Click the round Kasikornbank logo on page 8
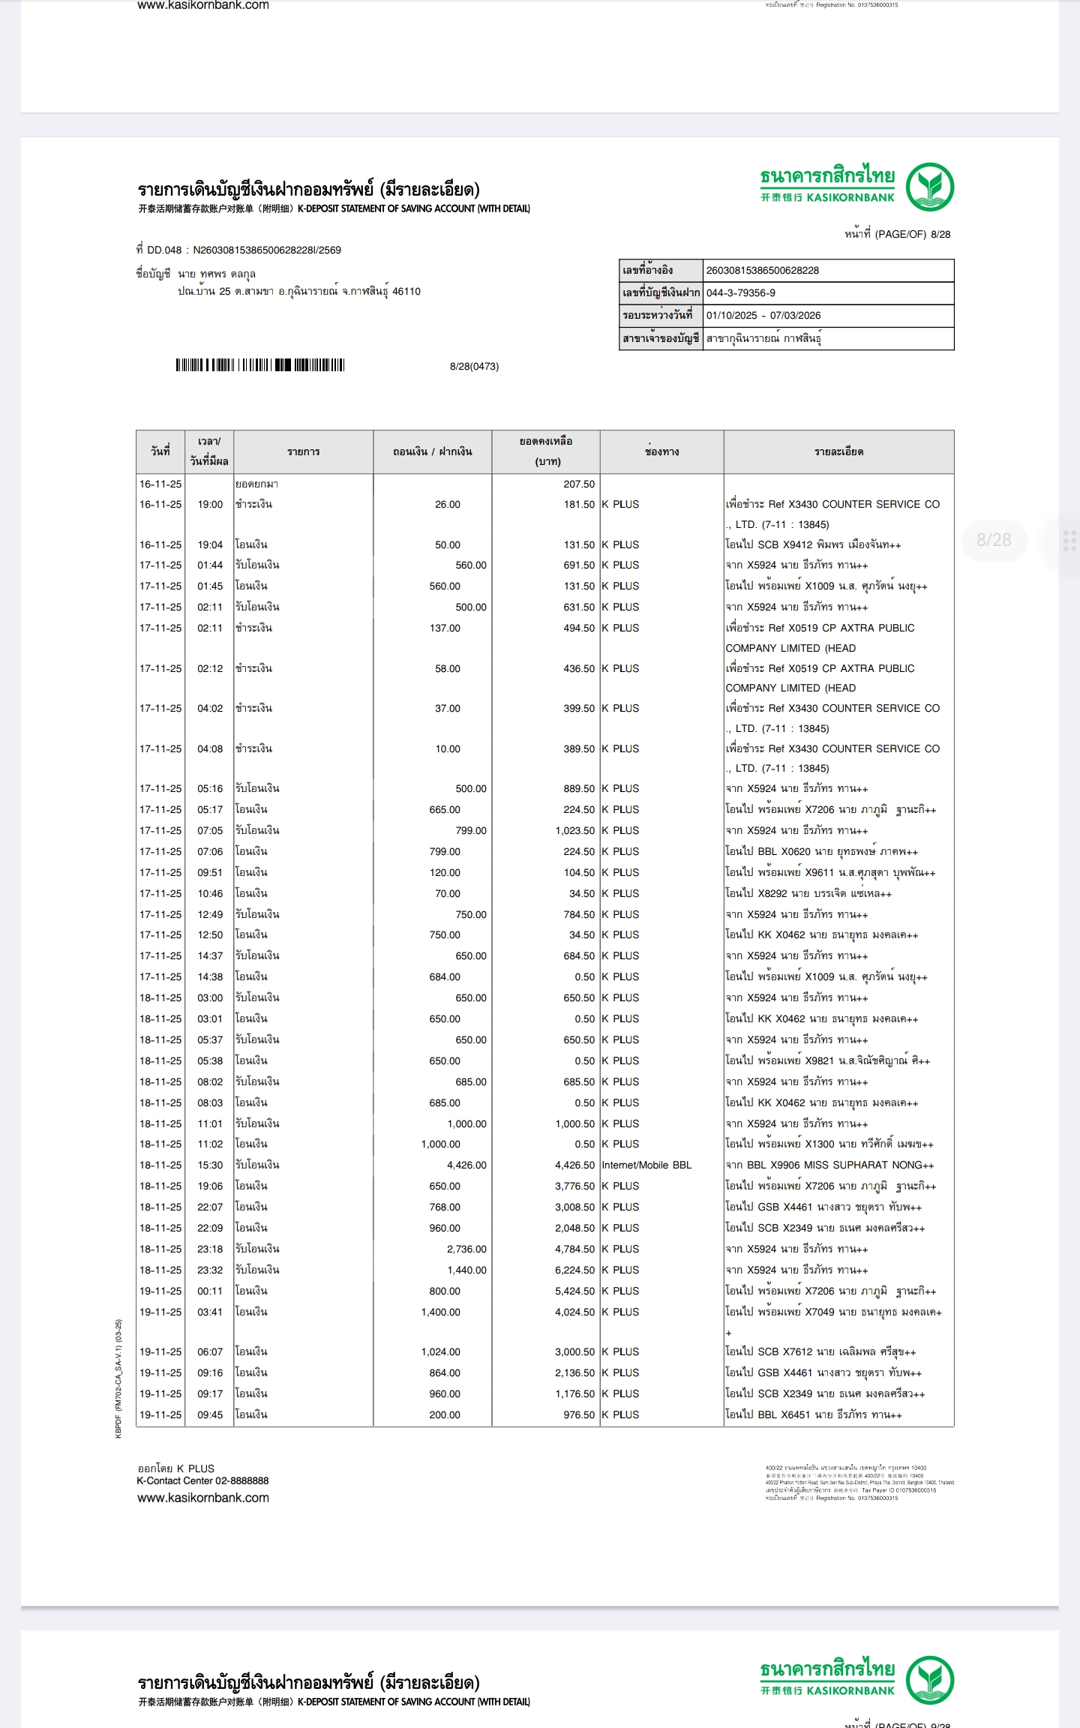pyautogui.click(x=929, y=187)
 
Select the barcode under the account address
pyautogui.click(x=260, y=365)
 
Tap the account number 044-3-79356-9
pyautogui.click(x=740, y=293)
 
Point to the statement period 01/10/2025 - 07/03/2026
pyautogui.click(x=763, y=316)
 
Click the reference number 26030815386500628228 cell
pyautogui.click(x=762, y=271)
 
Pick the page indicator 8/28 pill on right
pyautogui.click(x=994, y=540)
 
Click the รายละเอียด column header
pyautogui.click(x=838, y=452)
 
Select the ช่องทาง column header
pyautogui.click(x=661, y=452)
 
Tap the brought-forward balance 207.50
pyautogui.click(x=579, y=484)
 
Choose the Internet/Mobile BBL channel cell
pyautogui.click(x=646, y=1165)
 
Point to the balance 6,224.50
pyautogui.click(x=574, y=1270)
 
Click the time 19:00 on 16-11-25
pyautogui.click(x=210, y=505)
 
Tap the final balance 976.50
pyautogui.click(x=579, y=1414)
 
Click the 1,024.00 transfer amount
pyautogui.click(x=441, y=1351)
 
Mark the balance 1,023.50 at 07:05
pyautogui.click(x=574, y=830)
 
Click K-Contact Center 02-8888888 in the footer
pyautogui.click(x=202, y=1480)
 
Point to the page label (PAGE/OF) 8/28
pyautogui.click(x=897, y=234)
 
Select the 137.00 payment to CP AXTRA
pyautogui.click(x=445, y=628)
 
